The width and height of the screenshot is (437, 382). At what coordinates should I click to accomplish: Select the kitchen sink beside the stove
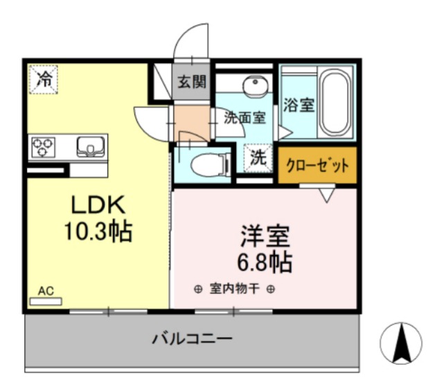pyautogui.click(x=88, y=146)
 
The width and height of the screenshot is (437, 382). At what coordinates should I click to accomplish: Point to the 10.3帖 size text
pyautogui.click(x=98, y=231)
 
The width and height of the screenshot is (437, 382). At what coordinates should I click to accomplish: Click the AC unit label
pyautogui.click(x=44, y=291)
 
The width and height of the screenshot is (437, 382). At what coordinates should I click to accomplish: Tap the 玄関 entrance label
pyautogui.click(x=190, y=82)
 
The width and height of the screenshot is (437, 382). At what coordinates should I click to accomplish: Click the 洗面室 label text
pyautogui.click(x=244, y=117)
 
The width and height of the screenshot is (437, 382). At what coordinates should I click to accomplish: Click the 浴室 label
pyautogui.click(x=298, y=105)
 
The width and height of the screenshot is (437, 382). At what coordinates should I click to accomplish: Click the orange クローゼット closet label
pyautogui.click(x=317, y=166)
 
